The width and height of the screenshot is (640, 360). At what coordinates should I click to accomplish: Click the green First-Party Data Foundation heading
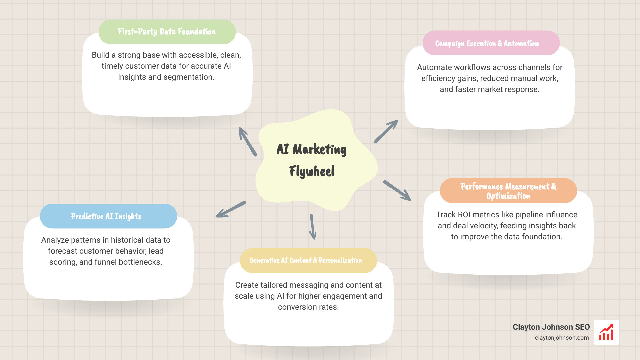[x=167, y=32]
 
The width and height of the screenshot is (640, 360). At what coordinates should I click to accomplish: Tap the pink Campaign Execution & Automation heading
[x=487, y=43]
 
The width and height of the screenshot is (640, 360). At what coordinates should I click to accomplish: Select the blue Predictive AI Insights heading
[x=106, y=216]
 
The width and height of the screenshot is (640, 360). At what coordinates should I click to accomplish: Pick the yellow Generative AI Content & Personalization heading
[x=306, y=260]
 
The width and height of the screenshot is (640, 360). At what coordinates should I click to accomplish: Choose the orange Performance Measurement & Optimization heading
[x=508, y=191]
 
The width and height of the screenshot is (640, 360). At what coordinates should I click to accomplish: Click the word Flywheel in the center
[x=312, y=171]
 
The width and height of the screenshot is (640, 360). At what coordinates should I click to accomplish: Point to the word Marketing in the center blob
[x=319, y=150]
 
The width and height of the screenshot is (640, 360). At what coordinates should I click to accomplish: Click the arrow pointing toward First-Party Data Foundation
[x=247, y=141]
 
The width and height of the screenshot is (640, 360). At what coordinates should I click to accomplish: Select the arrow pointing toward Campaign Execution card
[x=386, y=131]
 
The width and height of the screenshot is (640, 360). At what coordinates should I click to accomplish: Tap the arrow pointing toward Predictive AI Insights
[x=231, y=209]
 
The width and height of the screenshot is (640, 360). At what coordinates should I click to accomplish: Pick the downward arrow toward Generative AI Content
[x=313, y=227]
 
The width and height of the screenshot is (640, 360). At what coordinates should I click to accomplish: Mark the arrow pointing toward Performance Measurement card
[x=397, y=191]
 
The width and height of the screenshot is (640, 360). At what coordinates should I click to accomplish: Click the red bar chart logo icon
[x=606, y=332]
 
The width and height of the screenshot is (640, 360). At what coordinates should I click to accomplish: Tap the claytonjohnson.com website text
[x=562, y=338]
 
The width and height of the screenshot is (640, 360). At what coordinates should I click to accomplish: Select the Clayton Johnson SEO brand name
[x=551, y=327]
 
